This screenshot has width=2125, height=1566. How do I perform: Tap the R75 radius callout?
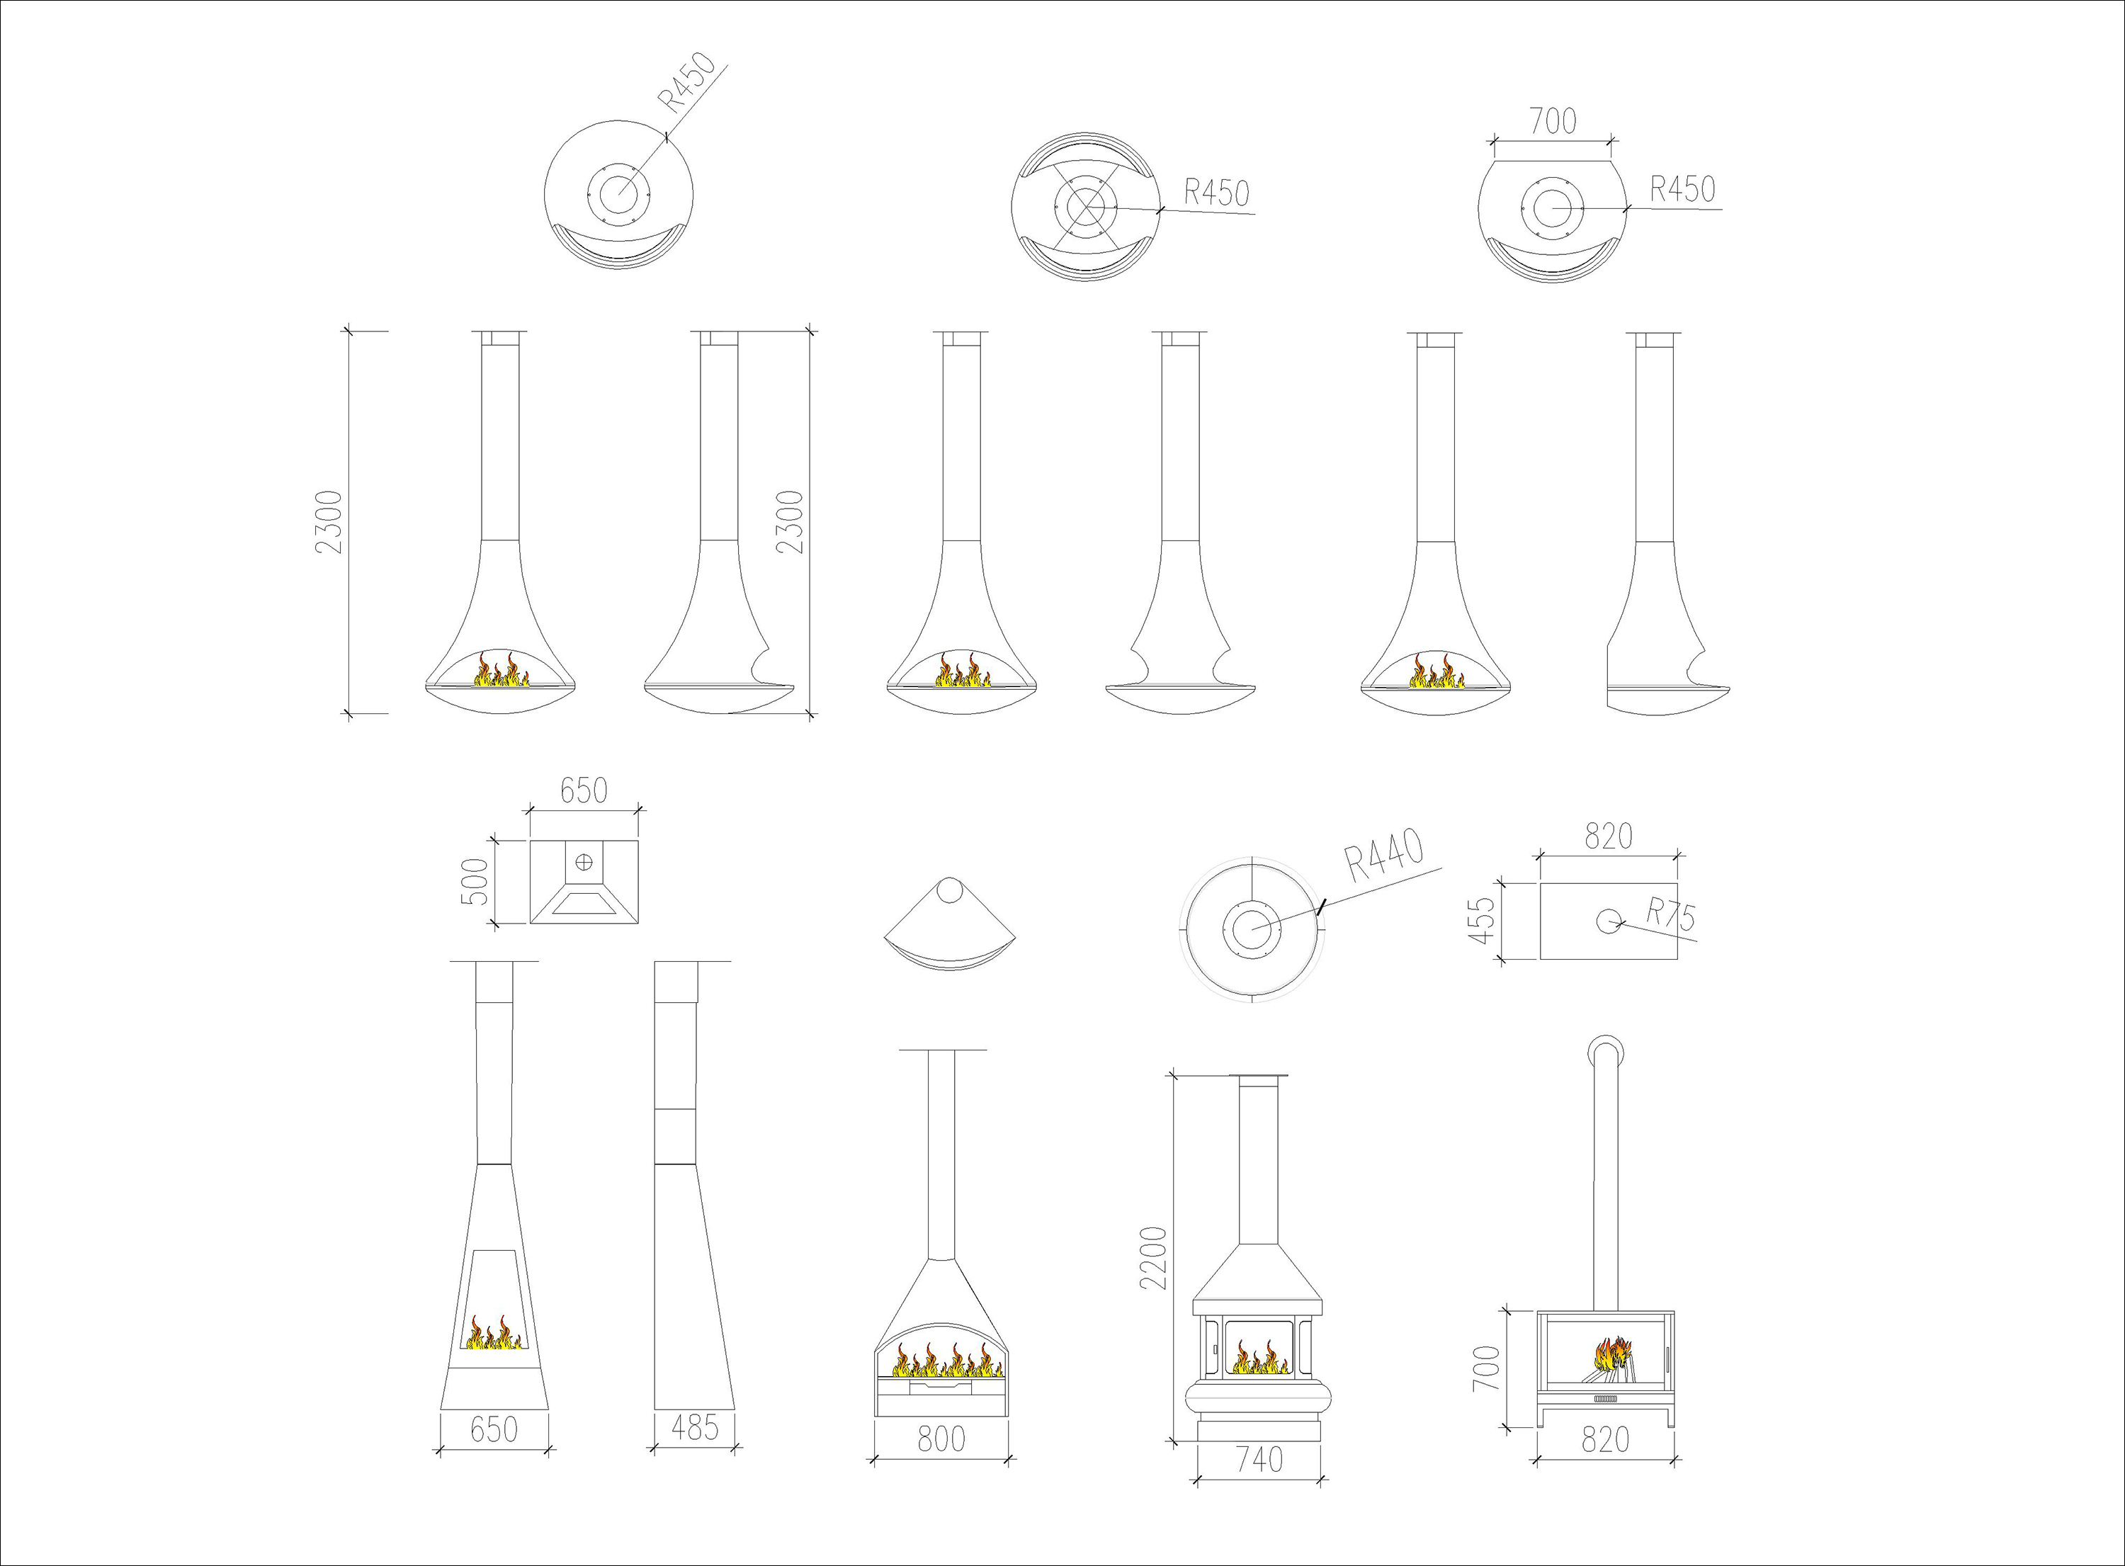coord(1670,915)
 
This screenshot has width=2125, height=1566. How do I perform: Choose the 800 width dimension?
coord(941,1439)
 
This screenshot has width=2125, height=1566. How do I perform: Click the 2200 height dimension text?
coord(1152,1258)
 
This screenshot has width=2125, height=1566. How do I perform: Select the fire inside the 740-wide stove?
coord(1259,1358)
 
